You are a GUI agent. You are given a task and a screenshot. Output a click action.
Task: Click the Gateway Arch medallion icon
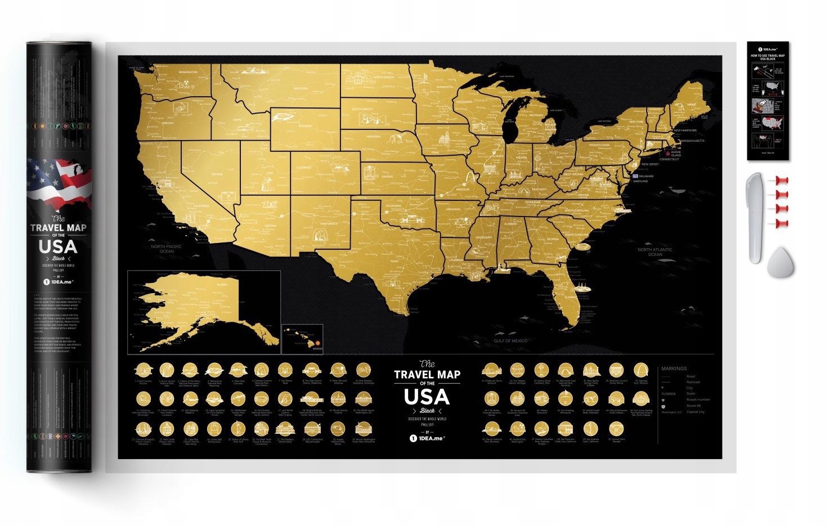(640, 371)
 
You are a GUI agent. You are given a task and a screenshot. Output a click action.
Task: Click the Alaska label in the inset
(221, 285)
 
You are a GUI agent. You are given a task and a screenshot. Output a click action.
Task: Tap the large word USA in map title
(427, 397)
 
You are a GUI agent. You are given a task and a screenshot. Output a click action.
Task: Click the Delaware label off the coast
(646, 176)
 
